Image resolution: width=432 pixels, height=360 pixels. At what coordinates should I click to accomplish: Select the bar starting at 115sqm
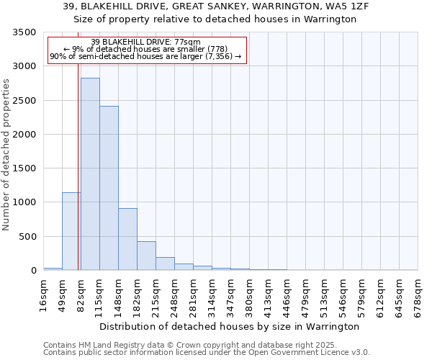(109, 188)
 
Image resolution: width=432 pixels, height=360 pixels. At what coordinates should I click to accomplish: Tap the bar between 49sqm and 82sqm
(71, 231)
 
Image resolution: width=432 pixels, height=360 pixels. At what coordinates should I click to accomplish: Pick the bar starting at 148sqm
(127, 239)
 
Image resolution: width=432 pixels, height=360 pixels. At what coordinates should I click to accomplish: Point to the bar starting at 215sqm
(165, 264)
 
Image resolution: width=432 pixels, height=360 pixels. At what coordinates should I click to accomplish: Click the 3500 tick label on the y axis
(23, 32)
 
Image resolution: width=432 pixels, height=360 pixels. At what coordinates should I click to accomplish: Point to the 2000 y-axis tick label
(23, 135)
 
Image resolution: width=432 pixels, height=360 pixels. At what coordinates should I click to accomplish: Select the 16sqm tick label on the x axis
(43, 295)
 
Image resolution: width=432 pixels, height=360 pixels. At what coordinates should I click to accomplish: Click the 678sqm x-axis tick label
(418, 295)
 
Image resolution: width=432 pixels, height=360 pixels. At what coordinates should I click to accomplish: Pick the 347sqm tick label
(231, 295)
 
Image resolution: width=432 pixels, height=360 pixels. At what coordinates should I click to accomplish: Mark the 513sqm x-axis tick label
(325, 295)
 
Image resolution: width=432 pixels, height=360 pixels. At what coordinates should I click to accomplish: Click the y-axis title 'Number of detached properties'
(7, 155)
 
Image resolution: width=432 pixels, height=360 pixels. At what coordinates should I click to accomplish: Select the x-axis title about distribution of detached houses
(229, 326)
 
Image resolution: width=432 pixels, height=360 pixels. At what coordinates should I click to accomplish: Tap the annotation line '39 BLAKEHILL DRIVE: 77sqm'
(146, 42)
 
